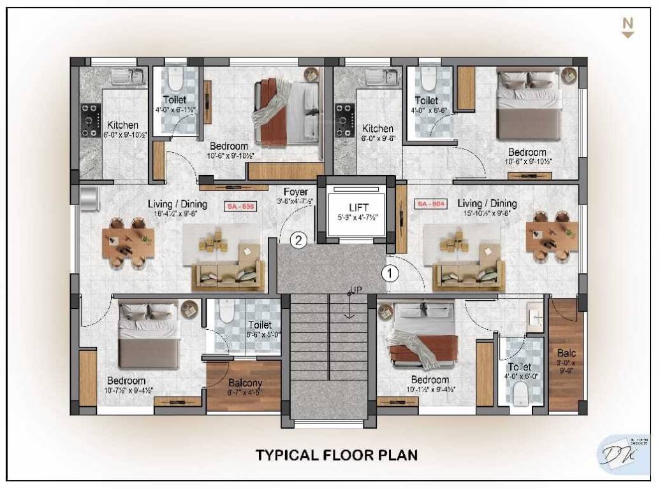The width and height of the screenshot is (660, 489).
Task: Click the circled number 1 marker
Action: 389,273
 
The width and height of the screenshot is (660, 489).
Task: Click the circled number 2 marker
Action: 299,240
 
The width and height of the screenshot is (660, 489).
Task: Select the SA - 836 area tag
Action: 240,206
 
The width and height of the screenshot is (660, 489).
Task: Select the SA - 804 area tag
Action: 430,204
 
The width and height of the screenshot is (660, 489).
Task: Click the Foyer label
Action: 296,192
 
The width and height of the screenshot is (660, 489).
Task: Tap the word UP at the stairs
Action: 356,290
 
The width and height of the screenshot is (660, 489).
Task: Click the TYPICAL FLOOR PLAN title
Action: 337,455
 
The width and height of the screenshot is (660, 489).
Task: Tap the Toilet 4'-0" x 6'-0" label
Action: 520,371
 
